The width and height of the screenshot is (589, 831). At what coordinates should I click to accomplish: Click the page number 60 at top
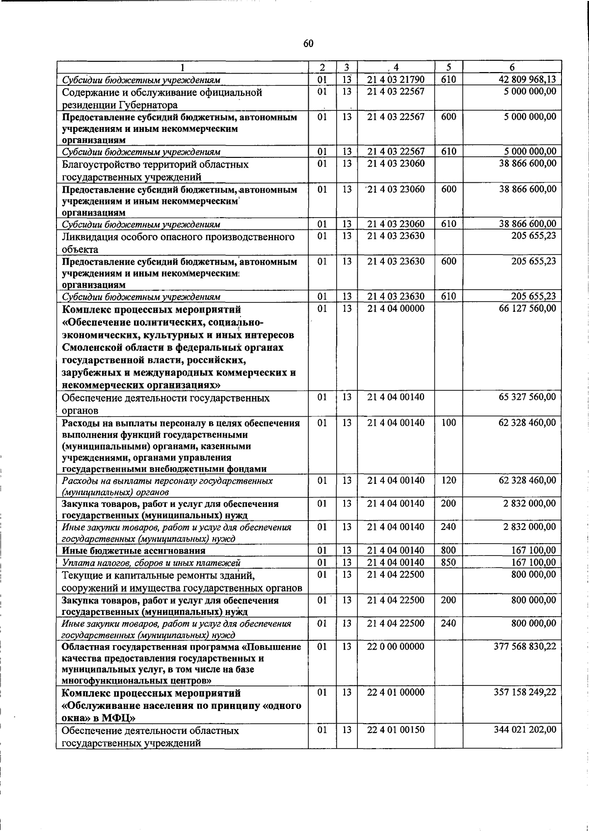click(x=308, y=44)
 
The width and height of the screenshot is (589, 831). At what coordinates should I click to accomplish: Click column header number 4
click(x=396, y=68)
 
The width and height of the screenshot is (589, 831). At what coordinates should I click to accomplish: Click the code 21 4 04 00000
click(x=396, y=308)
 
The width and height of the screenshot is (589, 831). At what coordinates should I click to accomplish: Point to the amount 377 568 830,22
click(x=525, y=647)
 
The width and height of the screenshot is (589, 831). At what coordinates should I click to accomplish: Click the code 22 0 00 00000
click(x=396, y=647)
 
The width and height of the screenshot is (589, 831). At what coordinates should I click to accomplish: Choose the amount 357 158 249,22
click(x=525, y=692)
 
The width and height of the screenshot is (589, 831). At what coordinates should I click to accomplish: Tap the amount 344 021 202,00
click(x=525, y=730)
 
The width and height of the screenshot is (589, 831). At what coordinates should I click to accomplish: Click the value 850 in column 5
click(x=448, y=562)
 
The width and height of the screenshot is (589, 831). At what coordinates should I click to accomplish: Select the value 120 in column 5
click(x=448, y=480)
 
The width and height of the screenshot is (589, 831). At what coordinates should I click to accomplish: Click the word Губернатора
click(x=148, y=105)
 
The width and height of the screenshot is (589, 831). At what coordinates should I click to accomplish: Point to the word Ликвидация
click(x=89, y=237)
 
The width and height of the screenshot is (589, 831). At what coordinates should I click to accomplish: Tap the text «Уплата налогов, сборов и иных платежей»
click(x=151, y=563)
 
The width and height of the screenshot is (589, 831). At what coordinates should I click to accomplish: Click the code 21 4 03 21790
click(x=396, y=79)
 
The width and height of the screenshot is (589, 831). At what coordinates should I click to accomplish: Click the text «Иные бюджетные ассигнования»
click(x=134, y=551)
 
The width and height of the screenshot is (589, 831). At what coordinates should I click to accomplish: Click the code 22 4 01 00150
click(x=396, y=730)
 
